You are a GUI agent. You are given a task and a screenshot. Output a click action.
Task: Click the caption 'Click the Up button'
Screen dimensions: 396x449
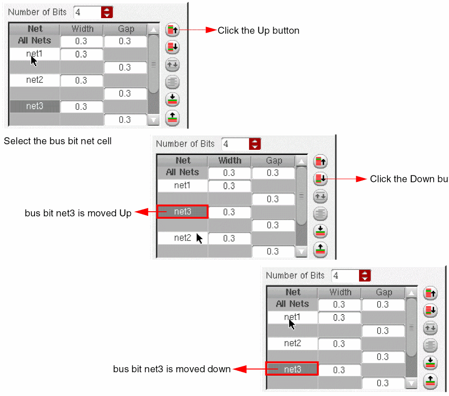click(x=258, y=31)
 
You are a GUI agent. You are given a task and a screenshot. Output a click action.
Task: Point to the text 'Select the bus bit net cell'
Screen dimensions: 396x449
click(x=58, y=141)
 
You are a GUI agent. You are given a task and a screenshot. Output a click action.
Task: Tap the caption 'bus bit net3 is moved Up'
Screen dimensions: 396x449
click(x=78, y=213)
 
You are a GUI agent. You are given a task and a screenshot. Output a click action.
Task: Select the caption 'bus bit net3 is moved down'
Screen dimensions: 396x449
click(x=172, y=369)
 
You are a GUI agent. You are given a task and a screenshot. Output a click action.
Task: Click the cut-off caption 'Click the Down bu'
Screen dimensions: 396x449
click(x=408, y=179)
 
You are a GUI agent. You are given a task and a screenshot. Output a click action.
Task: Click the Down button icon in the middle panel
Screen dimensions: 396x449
click(x=320, y=179)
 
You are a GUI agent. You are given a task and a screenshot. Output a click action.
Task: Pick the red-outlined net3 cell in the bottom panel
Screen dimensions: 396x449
click(x=292, y=369)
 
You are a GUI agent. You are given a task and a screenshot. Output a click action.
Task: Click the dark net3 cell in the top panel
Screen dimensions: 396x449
click(x=35, y=106)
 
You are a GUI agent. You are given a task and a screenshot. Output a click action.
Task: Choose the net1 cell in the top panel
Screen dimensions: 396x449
click(x=35, y=54)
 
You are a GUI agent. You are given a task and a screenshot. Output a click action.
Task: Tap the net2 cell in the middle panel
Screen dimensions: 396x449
click(x=183, y=238)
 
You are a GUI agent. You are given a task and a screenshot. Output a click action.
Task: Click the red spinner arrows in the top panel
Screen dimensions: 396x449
click(x=107, y=13)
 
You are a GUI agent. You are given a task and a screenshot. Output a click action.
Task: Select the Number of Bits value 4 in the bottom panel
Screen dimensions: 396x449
click(x=344, y=275)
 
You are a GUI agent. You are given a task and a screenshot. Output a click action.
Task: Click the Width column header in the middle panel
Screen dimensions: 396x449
click(x=230, y=161)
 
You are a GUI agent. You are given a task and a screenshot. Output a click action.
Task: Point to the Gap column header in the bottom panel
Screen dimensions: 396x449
click(x=384, y=292)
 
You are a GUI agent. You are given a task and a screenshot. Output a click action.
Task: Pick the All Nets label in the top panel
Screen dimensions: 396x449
click(x=35, y=41)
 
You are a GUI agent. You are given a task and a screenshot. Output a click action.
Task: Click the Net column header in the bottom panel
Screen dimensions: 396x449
click(x=293, y=292)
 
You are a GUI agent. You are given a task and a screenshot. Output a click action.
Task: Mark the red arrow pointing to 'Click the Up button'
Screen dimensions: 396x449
click(x=198, y=30)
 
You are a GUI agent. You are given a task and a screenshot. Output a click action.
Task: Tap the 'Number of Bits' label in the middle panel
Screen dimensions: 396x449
click(x=186, y=144)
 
